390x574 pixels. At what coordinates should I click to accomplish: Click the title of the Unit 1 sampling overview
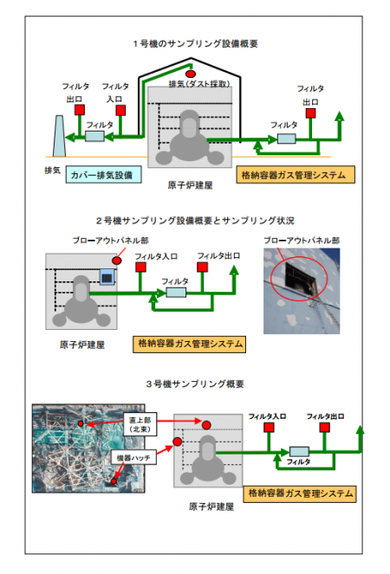(x=195, y=43)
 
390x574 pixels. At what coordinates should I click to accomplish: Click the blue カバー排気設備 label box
(x=101, y=174)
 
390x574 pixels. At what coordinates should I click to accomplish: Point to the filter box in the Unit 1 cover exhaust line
(x=94, y=136)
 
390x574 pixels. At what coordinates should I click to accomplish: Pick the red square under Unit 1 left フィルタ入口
(x=120, y=110)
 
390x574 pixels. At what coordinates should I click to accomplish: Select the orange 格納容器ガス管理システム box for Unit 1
(x=296, y=175)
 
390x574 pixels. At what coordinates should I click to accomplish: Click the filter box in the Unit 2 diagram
(x=176, y=293)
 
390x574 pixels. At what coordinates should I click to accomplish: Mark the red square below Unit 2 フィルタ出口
(x=202, y=268)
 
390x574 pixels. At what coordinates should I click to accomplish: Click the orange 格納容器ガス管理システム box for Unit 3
(x=300, y=493)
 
